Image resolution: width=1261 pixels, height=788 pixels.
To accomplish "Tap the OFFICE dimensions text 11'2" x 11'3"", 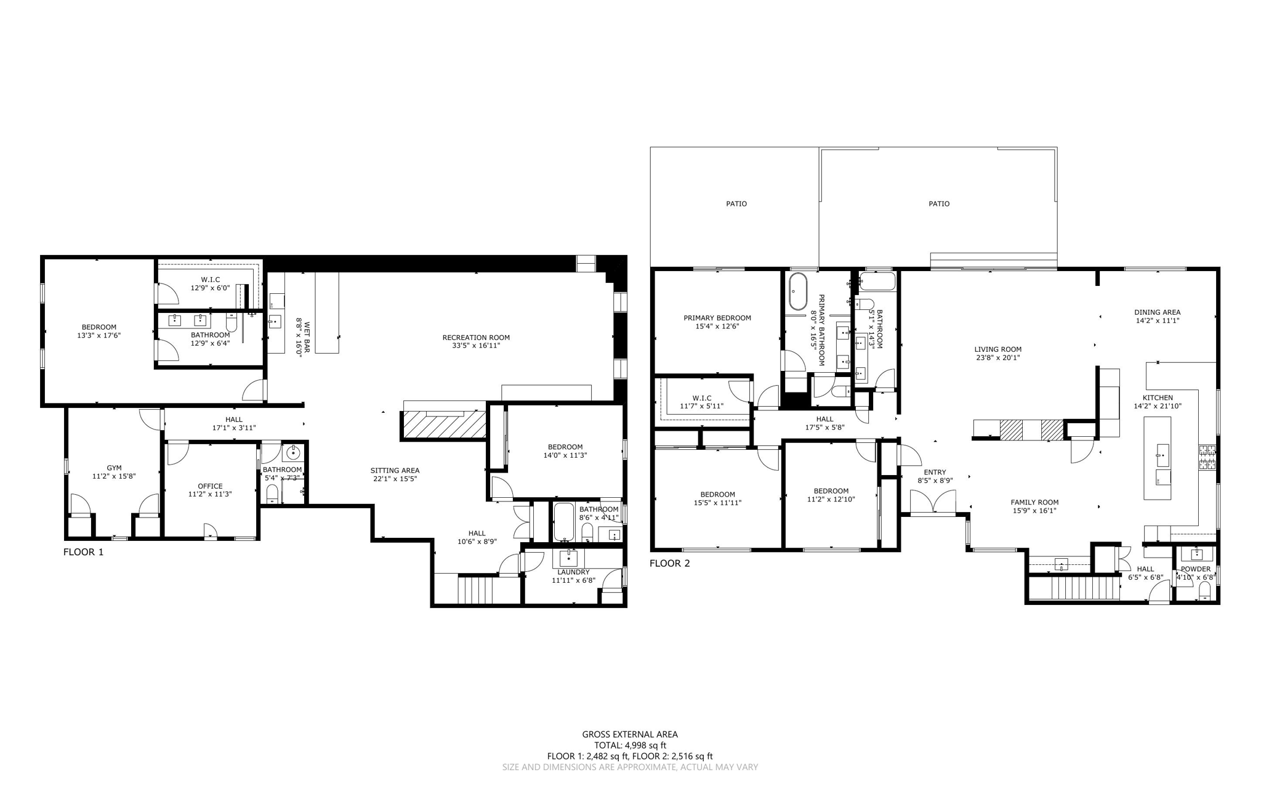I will [210, 494].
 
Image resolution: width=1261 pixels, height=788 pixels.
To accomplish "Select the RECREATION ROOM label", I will [476, 337].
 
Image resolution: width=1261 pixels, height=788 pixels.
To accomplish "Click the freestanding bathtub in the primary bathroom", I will [798, 291].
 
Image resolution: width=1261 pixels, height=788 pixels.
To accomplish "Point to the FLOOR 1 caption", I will [84, 552].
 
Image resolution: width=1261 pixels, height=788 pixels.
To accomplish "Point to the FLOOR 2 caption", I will [670, 563].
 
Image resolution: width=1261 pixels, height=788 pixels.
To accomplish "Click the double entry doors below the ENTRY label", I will [933, 502].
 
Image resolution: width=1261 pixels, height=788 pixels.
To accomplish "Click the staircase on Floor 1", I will [476, 590].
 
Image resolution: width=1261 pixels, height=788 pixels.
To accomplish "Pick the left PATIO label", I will [736, 203].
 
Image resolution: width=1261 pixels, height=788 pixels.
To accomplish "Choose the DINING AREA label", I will [1158, 312].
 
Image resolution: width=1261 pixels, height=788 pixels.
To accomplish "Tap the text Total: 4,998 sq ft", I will [630, 745].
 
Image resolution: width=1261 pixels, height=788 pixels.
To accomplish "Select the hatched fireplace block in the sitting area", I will [443, 424].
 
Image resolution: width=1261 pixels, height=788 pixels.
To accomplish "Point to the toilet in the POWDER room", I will [1205, 592].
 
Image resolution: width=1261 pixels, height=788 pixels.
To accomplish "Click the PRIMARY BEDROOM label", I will [717, 318].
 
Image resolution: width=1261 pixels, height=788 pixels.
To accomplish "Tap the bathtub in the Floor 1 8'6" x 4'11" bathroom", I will [563, 522].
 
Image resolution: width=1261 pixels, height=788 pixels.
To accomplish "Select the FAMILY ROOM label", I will [1034, 502].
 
